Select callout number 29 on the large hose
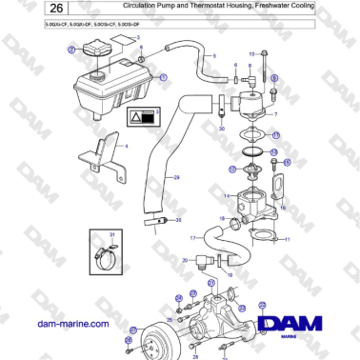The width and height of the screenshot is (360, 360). (x=173, y=178)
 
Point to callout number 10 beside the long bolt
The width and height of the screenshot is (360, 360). (x=251, y=53)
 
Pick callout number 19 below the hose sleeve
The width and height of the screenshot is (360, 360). (x=229, y=272)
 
